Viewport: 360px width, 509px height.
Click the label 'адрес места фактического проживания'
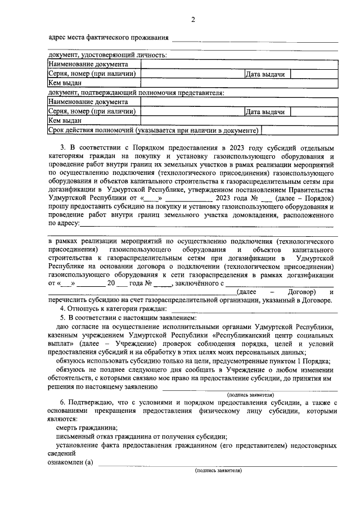[x=109, y=38]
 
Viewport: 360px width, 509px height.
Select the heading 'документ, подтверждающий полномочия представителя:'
[x=137, y=93]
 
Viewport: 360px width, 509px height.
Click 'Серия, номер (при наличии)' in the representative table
[x=93, y=111]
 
